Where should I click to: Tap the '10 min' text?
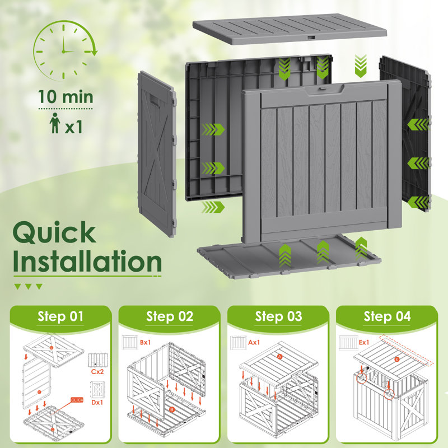point(66,96)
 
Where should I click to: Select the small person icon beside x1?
point(54,123)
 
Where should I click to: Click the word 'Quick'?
point(54,233)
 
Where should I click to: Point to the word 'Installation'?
point(87,262)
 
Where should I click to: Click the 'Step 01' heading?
point(60,316)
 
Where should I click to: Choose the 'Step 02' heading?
point(170,316)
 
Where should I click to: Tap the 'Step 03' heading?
point(278,316)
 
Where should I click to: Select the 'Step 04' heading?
point(387,316)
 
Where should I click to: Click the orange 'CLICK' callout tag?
point(77,400)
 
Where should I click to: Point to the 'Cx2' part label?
point(97,372)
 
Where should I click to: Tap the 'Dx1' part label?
point(97,402)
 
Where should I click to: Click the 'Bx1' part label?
point(146,342)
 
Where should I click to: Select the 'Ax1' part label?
point(254,342)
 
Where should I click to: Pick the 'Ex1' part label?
point(364,342)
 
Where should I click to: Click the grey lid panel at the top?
point(290,30)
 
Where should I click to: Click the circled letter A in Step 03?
point(279,357)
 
